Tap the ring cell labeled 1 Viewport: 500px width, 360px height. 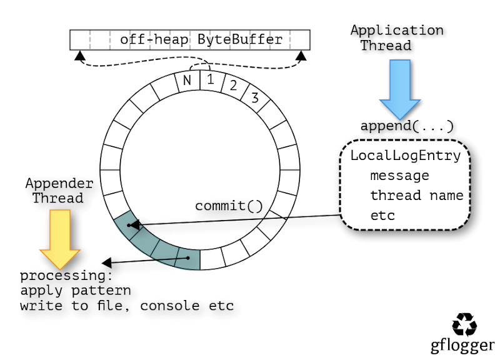pos(210,80)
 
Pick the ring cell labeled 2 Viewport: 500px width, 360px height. pos(232,86)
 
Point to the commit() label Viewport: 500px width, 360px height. pos(229,206)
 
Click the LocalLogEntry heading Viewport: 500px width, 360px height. pos(405,156)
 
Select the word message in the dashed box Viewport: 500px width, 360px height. pos(399,176)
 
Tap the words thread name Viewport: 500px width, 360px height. pos(416,196)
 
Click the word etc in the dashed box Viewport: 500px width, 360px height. pos(382,216)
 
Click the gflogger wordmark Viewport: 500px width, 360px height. pos(462,345)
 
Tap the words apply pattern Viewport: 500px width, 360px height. pos(76,291)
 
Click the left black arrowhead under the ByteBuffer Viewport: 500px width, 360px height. pos(79,56)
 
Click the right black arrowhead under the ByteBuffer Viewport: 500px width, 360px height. pos(301,56)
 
